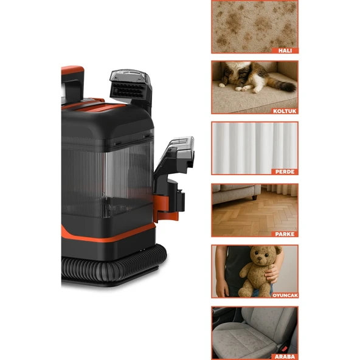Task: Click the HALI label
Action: (x=285, y=50)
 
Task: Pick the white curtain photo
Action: (x=255, y=146)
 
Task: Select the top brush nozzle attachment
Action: (x=129, y=85)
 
